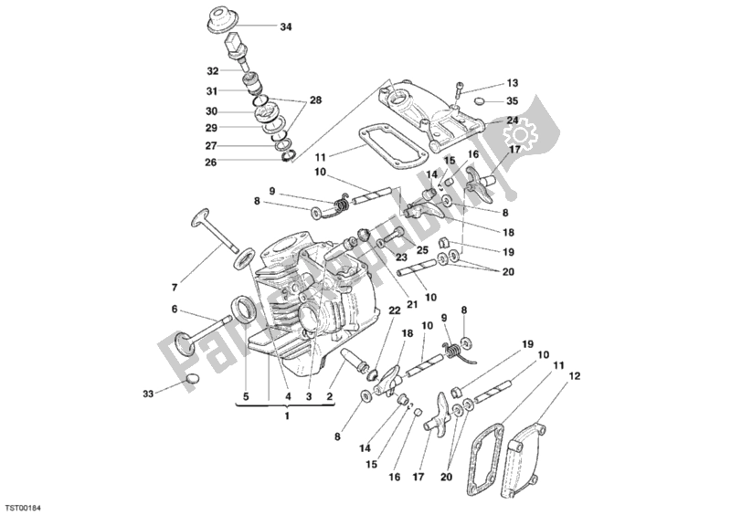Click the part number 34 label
pos(286,26)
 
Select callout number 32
pos(212,70)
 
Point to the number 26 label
pos(212,163)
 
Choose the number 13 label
pos(512,82)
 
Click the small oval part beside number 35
pos(480,100)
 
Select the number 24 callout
pos(512,120)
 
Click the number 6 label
pos(174,310)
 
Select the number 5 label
pos(244,397)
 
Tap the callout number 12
pos(574,374)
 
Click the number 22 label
pos(395,311)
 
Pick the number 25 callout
pos(422,249)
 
